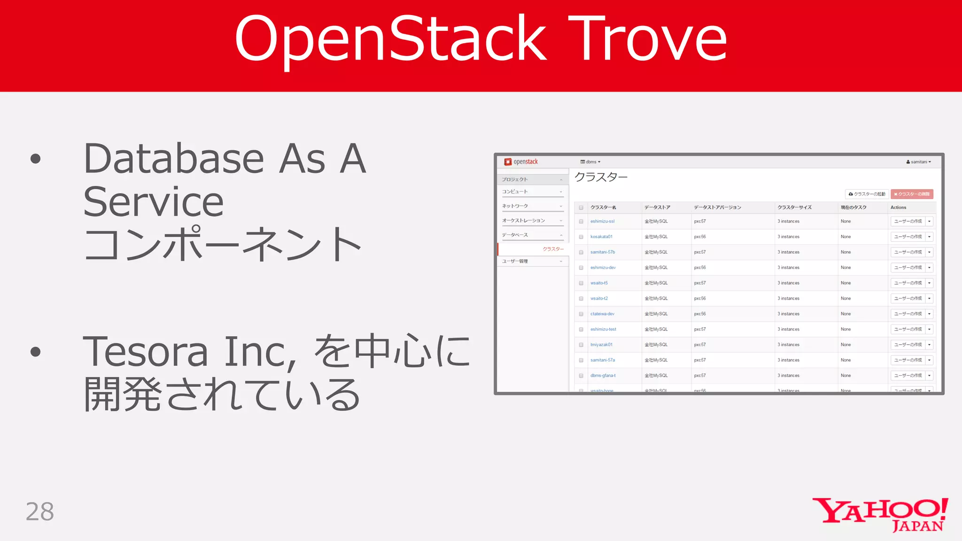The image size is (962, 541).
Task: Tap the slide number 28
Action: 40,511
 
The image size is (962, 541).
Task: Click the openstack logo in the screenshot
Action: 521,162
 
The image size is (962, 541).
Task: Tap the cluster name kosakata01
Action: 601,237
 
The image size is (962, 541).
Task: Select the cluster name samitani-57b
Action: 603,252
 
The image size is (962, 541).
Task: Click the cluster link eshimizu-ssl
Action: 602,221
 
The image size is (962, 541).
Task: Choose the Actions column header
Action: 898,207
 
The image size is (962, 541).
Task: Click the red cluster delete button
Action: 912,194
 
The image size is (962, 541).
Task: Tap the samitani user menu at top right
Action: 918,162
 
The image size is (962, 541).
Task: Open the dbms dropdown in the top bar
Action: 590,162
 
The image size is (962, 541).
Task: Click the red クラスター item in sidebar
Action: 553,249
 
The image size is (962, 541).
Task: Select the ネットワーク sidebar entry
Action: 515,206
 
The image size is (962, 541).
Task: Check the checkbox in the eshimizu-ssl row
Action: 581,221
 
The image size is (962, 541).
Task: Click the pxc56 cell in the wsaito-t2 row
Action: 700,298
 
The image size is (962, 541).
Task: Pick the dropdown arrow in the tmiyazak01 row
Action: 929,345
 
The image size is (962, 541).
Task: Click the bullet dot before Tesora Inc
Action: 35,351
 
